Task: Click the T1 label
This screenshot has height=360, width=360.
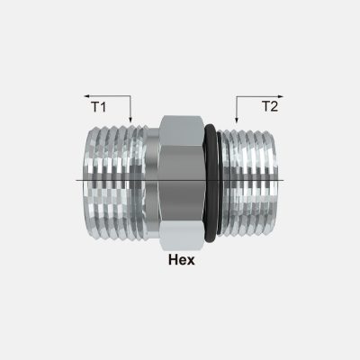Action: point(98,107)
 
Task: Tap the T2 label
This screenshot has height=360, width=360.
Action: point(269,106)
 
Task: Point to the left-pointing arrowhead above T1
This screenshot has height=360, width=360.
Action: point(87,94)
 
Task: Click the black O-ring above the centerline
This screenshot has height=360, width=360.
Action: point(211,135)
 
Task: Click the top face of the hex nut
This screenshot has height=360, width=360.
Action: point(181,124)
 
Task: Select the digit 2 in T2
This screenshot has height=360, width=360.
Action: point(274,106)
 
